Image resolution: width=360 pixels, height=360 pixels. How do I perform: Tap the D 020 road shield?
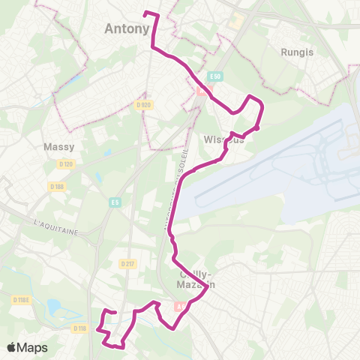pos(145,105)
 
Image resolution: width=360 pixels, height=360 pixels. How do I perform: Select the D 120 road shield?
pos(67,163)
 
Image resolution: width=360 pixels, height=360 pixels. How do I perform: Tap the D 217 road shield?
pos(127,263)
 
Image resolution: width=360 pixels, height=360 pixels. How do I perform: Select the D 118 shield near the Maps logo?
pos(80,328)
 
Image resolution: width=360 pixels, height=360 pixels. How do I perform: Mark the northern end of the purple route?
pos(145,13)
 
